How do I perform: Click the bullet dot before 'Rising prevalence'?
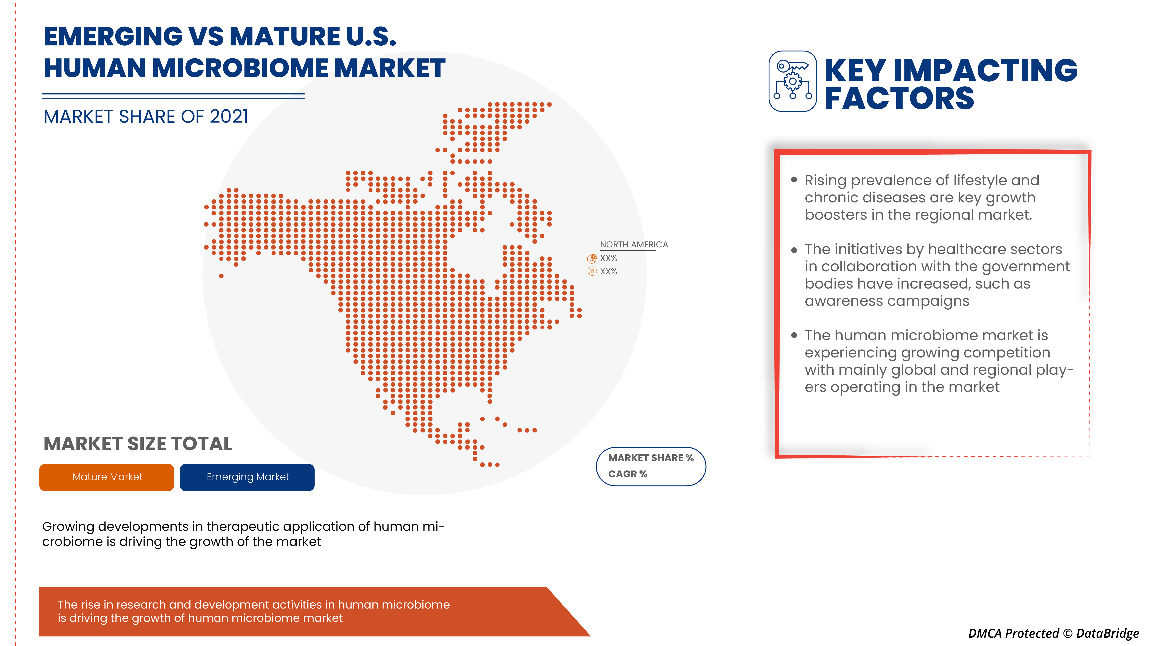point(794,180)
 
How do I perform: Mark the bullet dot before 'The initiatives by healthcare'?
point(794,250)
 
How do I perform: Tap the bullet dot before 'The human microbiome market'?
point(794,335)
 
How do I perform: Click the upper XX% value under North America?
point(608,258)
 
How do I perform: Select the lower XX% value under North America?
point(608,272)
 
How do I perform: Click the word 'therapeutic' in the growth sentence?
point(231,526)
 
